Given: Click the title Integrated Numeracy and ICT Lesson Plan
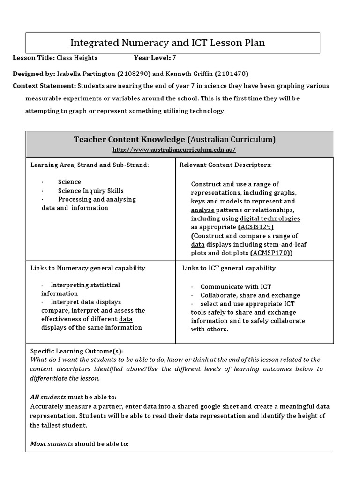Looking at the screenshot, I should click(x=167, y=43).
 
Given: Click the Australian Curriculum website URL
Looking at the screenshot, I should click(x=174, y=150).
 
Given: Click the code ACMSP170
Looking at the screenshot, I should click(x=271, y=253).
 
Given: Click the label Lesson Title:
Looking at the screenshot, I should click(x=33, y=58).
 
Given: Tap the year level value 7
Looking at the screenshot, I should click(x=174, y=58).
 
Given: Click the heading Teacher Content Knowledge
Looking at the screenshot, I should click(x=129, y=139).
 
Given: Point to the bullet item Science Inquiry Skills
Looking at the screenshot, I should click(x=91, y=191).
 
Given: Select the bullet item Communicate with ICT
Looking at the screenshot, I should click(x=236, y=287).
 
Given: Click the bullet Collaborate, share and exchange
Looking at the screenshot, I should click(x=250, y=295).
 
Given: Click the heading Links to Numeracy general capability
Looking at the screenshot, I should click(x=88, y=268).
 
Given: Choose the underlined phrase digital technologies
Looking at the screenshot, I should click(x=270, y=219).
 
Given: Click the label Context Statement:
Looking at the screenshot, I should click(x=44, y=86).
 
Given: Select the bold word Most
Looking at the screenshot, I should click(x=38, y=444).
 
